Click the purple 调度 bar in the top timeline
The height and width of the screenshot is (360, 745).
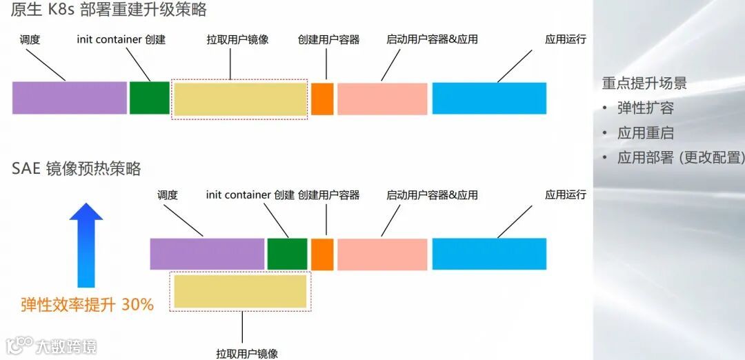(70, 98)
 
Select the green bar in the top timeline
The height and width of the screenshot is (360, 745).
(149, 98)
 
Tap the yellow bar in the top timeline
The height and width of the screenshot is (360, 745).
(240, 99)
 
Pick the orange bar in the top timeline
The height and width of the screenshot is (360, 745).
(322, 98)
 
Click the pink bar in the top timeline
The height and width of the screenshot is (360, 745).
(382, 98)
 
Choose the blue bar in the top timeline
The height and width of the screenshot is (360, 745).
(489, 98)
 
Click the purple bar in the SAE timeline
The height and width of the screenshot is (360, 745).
(208, 254)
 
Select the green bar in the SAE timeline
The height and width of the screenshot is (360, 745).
(287, 254)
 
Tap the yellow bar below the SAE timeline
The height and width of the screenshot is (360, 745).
(240, 290)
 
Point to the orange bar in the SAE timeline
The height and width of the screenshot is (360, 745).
(322, 254)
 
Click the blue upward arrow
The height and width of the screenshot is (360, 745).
(86, 244)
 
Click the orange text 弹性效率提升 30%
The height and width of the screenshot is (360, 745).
(87, 304)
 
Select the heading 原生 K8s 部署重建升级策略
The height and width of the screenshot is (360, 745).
(109, 10)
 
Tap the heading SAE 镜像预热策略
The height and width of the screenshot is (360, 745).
(76, 169)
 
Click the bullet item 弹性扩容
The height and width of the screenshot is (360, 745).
(645, 108)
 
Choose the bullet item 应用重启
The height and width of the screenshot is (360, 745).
(645, 133)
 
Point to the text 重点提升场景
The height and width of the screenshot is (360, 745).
(644, 84)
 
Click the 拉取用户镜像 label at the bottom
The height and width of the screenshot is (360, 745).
(247, 353)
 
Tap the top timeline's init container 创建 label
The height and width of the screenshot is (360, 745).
(121, 39)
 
